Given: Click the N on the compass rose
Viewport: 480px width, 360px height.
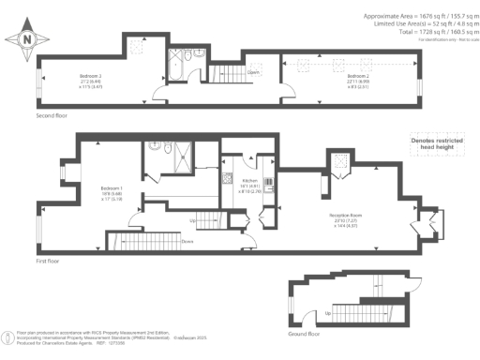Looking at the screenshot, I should (x=26, y=39).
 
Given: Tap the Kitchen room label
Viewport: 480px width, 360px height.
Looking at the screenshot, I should (x=250, y=180).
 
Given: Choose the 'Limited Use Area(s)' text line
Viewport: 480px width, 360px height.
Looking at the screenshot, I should (x=411, y=25).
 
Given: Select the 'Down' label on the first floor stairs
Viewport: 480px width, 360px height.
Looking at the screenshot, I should (x=188, y=240).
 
